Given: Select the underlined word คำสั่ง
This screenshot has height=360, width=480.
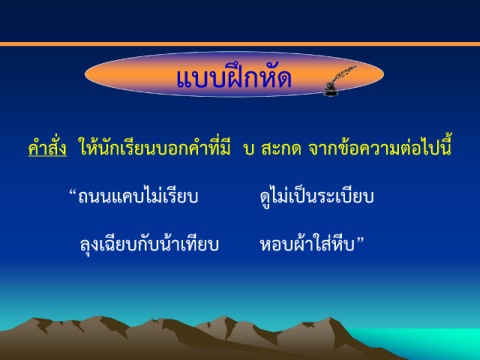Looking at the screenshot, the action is pos(47,148).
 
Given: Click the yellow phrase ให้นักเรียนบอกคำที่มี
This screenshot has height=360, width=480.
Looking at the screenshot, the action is pos(154,147).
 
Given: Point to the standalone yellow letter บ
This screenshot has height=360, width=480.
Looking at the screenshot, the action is pos(249,149).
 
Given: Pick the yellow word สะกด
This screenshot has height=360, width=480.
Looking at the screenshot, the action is pos(281,149).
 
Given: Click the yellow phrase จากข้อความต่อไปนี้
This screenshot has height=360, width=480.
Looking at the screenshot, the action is pos(380,147).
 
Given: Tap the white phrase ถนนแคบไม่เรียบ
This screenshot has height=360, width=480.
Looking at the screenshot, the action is pos(138,196).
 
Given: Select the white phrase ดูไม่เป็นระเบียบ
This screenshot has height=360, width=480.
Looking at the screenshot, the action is pos(317,197).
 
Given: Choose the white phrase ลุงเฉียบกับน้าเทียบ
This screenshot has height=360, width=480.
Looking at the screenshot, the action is pos(149,244).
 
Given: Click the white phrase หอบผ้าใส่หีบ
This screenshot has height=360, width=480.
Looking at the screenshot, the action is pos(307,243).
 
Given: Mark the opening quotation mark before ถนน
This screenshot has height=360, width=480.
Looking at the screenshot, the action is pos(73,193).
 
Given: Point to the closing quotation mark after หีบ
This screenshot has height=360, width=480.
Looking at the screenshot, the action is pos(360,240).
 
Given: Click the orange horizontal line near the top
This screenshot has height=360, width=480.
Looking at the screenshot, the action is pos(240,44).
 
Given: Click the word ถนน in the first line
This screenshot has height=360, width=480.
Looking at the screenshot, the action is pos(94,197).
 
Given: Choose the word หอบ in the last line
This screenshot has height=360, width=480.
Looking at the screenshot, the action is pos(277,245).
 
